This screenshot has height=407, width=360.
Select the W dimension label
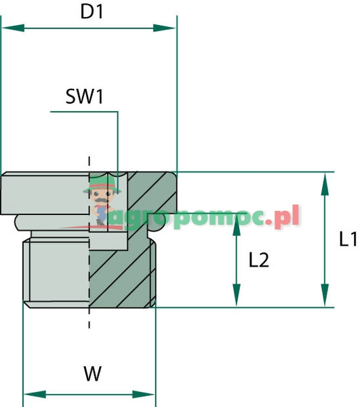(89, 372)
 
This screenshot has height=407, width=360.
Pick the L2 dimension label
(259, 260)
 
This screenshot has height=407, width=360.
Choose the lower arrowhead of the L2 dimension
(236, 299)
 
